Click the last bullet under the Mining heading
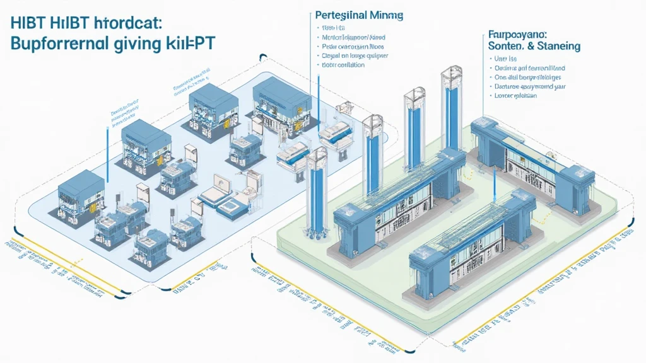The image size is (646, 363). (x=343, y=64)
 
